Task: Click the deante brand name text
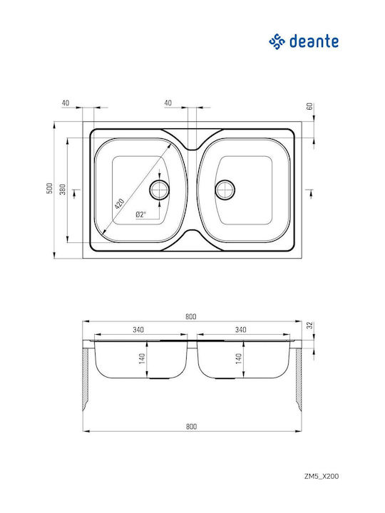click(x=314, y=41)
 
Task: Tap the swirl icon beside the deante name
click(x=277, y=41)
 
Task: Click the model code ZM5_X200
click(x=321, y=476)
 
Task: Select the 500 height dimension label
click(x=49, y=188)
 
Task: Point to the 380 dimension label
click(x=63, y=190)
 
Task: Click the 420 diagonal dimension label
click(x=119, y=204)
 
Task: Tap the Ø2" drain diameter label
click(x=140, y=214)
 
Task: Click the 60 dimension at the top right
click(x=309, y=106)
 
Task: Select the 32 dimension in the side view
click(x=309, y=325)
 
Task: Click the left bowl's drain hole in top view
click(x=160, y=190)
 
